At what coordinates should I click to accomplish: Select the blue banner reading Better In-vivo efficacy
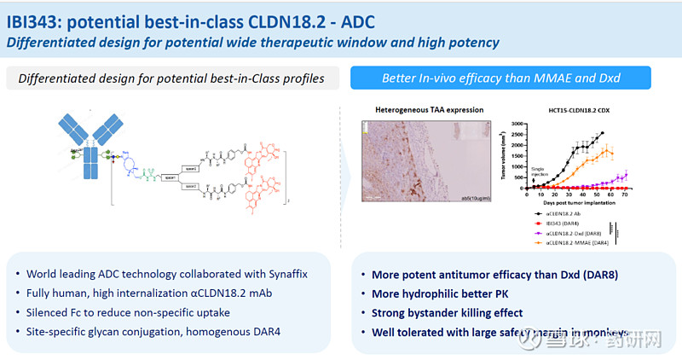(x=500, y=78)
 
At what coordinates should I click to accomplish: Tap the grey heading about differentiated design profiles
(x=171, y=78)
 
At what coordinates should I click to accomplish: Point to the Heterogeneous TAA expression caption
(x=429, y=110)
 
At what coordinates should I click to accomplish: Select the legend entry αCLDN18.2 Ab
(x=558, y=214)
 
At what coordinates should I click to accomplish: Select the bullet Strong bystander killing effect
(x=448, y=312)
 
